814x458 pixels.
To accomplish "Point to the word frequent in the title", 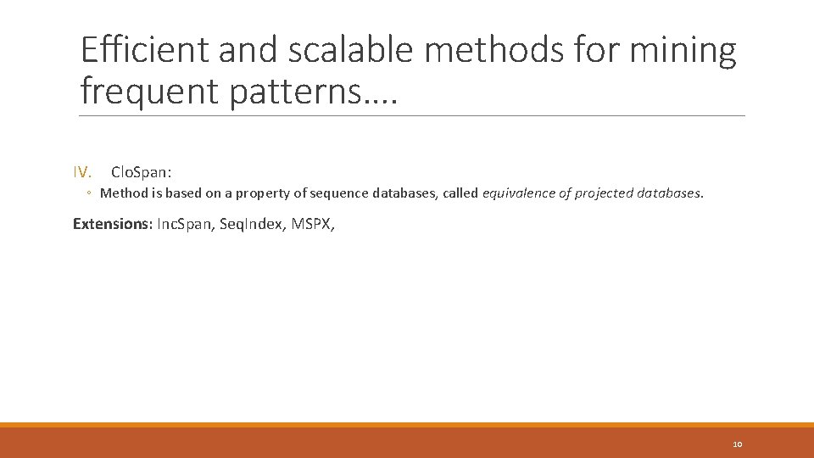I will tap(149, 91).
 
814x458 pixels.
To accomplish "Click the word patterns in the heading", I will tap(294, 91).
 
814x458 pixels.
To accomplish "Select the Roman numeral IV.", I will tap(82, 172).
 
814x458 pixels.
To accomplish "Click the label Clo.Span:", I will tap(142, 172).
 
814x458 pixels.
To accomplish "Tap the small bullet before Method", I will tap(89, 193).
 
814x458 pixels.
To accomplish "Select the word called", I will tap(460, 193).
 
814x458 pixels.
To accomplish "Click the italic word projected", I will tap(603, 193).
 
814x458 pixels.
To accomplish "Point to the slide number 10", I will tap(737, 444).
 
